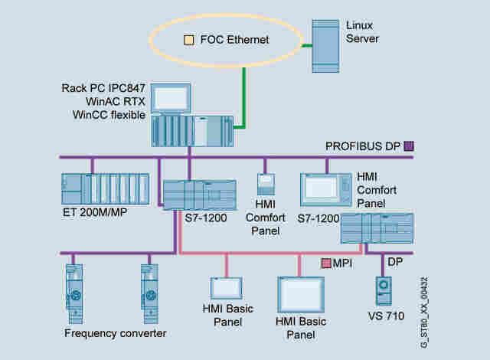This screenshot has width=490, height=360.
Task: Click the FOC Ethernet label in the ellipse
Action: tap(235, 38)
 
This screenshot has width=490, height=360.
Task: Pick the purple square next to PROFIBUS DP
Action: tap(409, 145)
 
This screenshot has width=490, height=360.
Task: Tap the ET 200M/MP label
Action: tap(94, 212)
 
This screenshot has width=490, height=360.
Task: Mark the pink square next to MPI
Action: tap(326, 263)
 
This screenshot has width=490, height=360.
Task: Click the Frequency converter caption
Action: tap(116, 333)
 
